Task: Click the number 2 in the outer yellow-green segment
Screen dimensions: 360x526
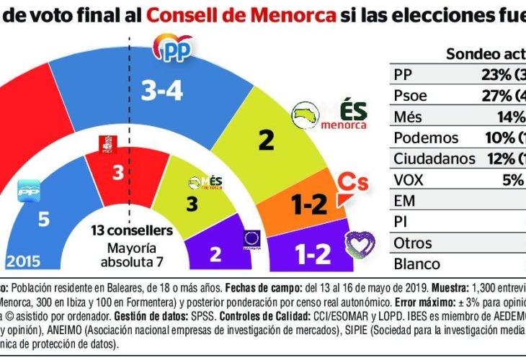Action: tap(267, 140)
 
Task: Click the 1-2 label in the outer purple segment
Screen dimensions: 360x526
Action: tap(313, 254)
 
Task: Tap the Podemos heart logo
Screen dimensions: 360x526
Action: tap(360, 246)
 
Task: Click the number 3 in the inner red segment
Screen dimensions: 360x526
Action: tap(117, 173)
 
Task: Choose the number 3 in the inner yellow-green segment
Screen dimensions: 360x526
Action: tap(192, 204)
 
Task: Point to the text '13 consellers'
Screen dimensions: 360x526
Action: tap(132, 230)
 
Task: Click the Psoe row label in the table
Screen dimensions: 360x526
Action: tap(411, 96)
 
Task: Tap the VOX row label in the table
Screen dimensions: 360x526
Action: tap(409, 179)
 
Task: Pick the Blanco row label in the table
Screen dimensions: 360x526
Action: tap(416, 264)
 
